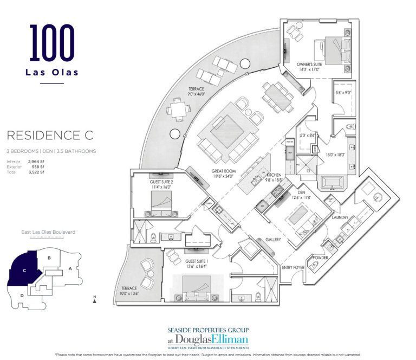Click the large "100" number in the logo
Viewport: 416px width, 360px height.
click(52, 42)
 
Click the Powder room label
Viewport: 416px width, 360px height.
click(321, 258)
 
